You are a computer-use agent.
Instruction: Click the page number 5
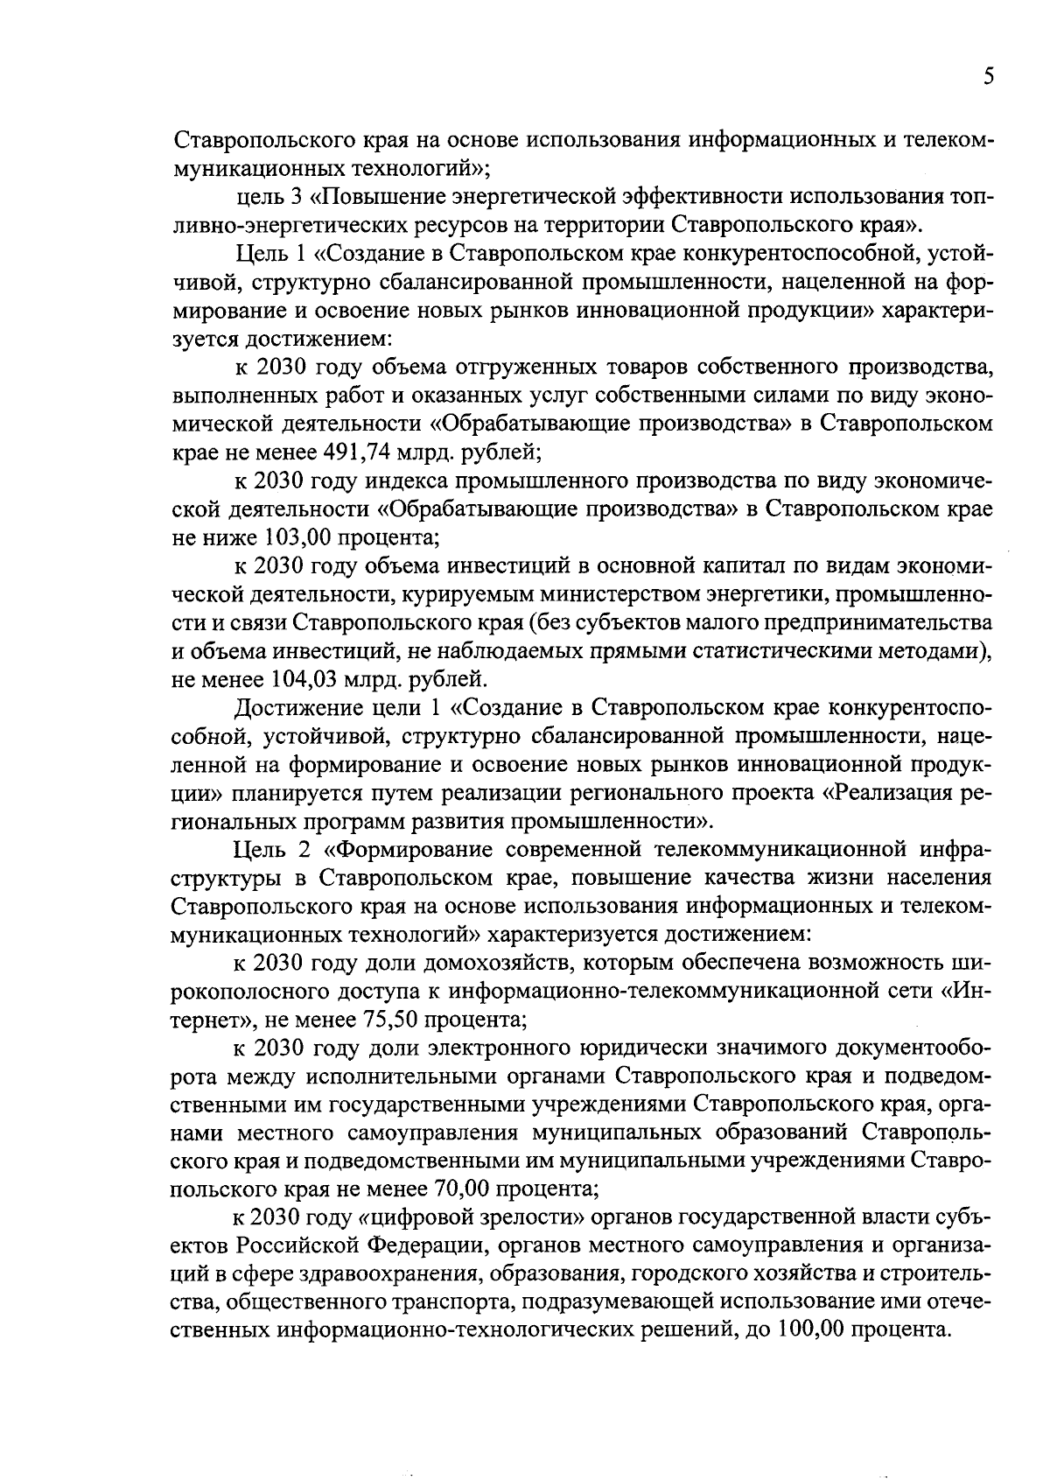click(x=988, y=78)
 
